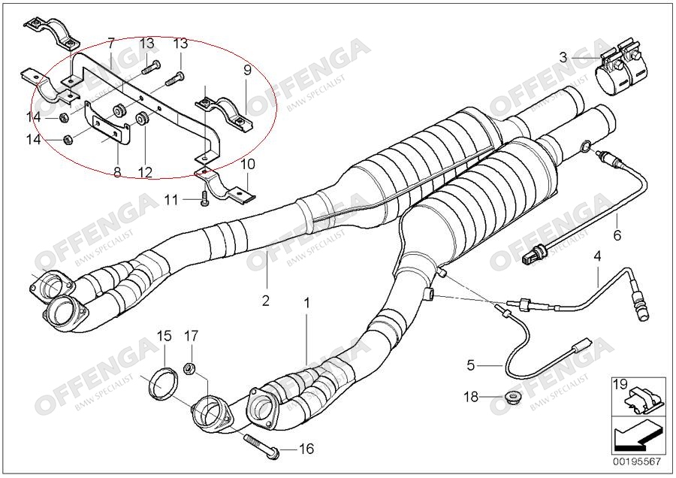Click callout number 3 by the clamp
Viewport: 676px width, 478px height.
pos(563,56)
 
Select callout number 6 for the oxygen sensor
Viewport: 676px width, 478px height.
pos(617,235)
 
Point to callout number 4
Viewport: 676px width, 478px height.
pos(598,256)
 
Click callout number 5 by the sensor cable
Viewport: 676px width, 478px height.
pos(471,366)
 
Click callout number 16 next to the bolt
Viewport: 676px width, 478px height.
pos(306,449)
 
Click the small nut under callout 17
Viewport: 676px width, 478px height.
pos(190,369)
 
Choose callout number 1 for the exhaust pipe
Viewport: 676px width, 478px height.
pos(306,303)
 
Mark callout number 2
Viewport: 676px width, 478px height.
pos(265,301)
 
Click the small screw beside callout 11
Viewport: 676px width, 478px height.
pos(204,199)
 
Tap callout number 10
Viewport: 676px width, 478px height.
pos(249,164)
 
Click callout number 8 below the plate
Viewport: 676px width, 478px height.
pos(117,172)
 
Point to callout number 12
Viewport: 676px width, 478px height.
pos(145,172)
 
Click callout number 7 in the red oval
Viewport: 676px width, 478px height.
pos(110,43)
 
